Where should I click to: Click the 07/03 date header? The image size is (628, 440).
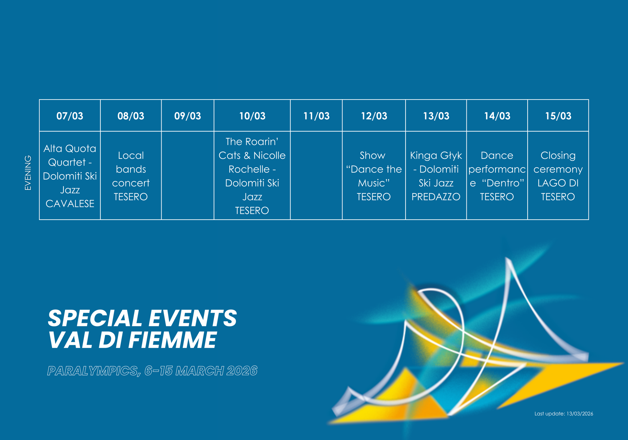click(x=70, y=116)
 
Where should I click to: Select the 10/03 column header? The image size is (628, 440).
click(x=252, y=116)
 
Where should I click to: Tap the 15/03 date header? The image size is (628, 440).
click(x=558, y=116)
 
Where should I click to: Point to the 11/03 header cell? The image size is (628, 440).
click(x=316, y=116)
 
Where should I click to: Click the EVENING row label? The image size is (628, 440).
click(x=28, y=173)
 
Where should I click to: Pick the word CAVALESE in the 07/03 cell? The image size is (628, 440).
click(x=70, y=204)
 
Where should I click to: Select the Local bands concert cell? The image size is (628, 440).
click(x=131, y=176)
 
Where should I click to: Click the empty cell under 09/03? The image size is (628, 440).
click(x=188, y=175)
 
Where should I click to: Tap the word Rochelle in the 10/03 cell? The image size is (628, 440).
click(x=249, y=169)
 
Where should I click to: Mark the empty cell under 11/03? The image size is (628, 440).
click(x=316, y=175)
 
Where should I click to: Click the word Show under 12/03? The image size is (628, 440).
click(x=373, y=156)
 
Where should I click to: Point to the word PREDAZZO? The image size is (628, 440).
click(x=436, y=197)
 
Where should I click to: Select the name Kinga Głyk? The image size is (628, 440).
click(x=436, y=156)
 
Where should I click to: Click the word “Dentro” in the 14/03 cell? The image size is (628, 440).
click(x=503, y=183)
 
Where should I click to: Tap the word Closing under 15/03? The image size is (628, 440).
click(x=558, y=156)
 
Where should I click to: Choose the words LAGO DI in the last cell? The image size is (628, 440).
click(x=558, y=183)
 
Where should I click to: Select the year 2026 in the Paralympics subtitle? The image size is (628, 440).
click(x=242, y=371)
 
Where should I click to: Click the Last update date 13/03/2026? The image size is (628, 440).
click(x=580, y=414)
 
